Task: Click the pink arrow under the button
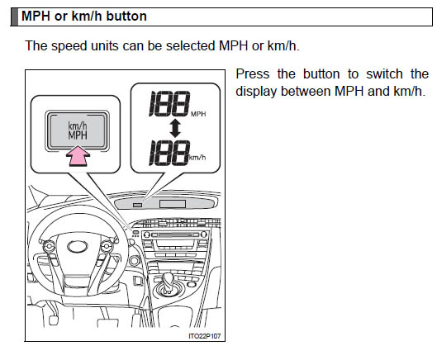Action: tap(78, 156)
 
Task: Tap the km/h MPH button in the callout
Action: tap(77, 131)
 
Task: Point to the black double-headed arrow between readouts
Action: tap(175, 129)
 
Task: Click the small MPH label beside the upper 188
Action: tap(198, 114)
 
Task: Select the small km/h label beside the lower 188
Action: tap(197, 158)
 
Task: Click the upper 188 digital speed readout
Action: tap(169, 103)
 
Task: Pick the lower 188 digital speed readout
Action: tap(169, 153)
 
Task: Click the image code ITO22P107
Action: tap(205, 336)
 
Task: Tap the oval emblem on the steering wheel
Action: tap(78, 247)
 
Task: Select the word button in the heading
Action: tap(126, 16)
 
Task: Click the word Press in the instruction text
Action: tap(253, 74)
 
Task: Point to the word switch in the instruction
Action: tap(384, 74)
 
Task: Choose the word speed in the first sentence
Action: tap(69, 46)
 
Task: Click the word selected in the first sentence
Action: tap(191, 45)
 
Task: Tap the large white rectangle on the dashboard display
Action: tap(173, 204)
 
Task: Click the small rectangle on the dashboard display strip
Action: tap(137, 205)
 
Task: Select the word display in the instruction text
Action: tap(256, 92)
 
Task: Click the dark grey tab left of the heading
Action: tap(15, 17)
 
